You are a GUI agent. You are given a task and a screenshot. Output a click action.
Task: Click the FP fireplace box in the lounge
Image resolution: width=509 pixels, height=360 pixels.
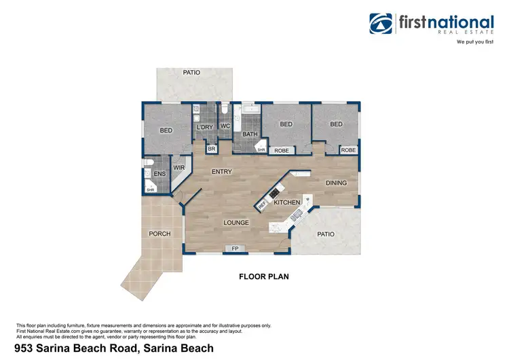point(235,249)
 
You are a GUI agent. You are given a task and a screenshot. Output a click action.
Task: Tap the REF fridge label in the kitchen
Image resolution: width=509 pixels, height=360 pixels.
point(262,204)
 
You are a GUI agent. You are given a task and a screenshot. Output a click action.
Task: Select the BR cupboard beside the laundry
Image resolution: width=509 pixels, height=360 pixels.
point(211,149)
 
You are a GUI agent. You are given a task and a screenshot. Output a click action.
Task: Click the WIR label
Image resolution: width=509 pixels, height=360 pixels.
point(179,166)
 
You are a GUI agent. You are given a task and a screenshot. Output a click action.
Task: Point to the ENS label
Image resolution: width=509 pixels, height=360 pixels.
point(159,175)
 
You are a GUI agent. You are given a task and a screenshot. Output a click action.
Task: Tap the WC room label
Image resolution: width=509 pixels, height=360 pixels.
point(226,126)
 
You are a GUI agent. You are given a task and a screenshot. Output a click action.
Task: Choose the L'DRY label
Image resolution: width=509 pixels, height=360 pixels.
point(205,127)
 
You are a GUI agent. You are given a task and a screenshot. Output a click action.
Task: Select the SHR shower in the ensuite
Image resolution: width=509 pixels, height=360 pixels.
point(151,190)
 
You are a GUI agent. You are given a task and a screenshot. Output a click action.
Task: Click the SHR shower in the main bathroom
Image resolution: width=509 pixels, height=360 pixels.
point(260,150)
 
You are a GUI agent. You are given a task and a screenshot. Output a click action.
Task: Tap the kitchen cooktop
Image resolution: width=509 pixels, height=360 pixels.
point(275,194)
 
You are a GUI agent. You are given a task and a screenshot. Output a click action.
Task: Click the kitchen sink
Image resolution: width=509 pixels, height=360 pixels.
point(296,217)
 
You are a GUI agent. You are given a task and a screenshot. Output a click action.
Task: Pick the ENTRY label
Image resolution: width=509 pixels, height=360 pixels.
point(222,172)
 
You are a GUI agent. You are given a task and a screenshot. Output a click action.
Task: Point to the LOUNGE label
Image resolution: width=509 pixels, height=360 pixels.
point(236,222)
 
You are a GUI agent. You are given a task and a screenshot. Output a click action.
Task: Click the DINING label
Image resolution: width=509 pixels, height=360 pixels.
point(336,183)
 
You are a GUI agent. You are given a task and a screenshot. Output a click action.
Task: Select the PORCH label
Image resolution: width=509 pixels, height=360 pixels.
point(159,234)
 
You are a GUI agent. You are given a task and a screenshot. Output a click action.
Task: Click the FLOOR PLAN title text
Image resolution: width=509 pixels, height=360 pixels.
point(264,276)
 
